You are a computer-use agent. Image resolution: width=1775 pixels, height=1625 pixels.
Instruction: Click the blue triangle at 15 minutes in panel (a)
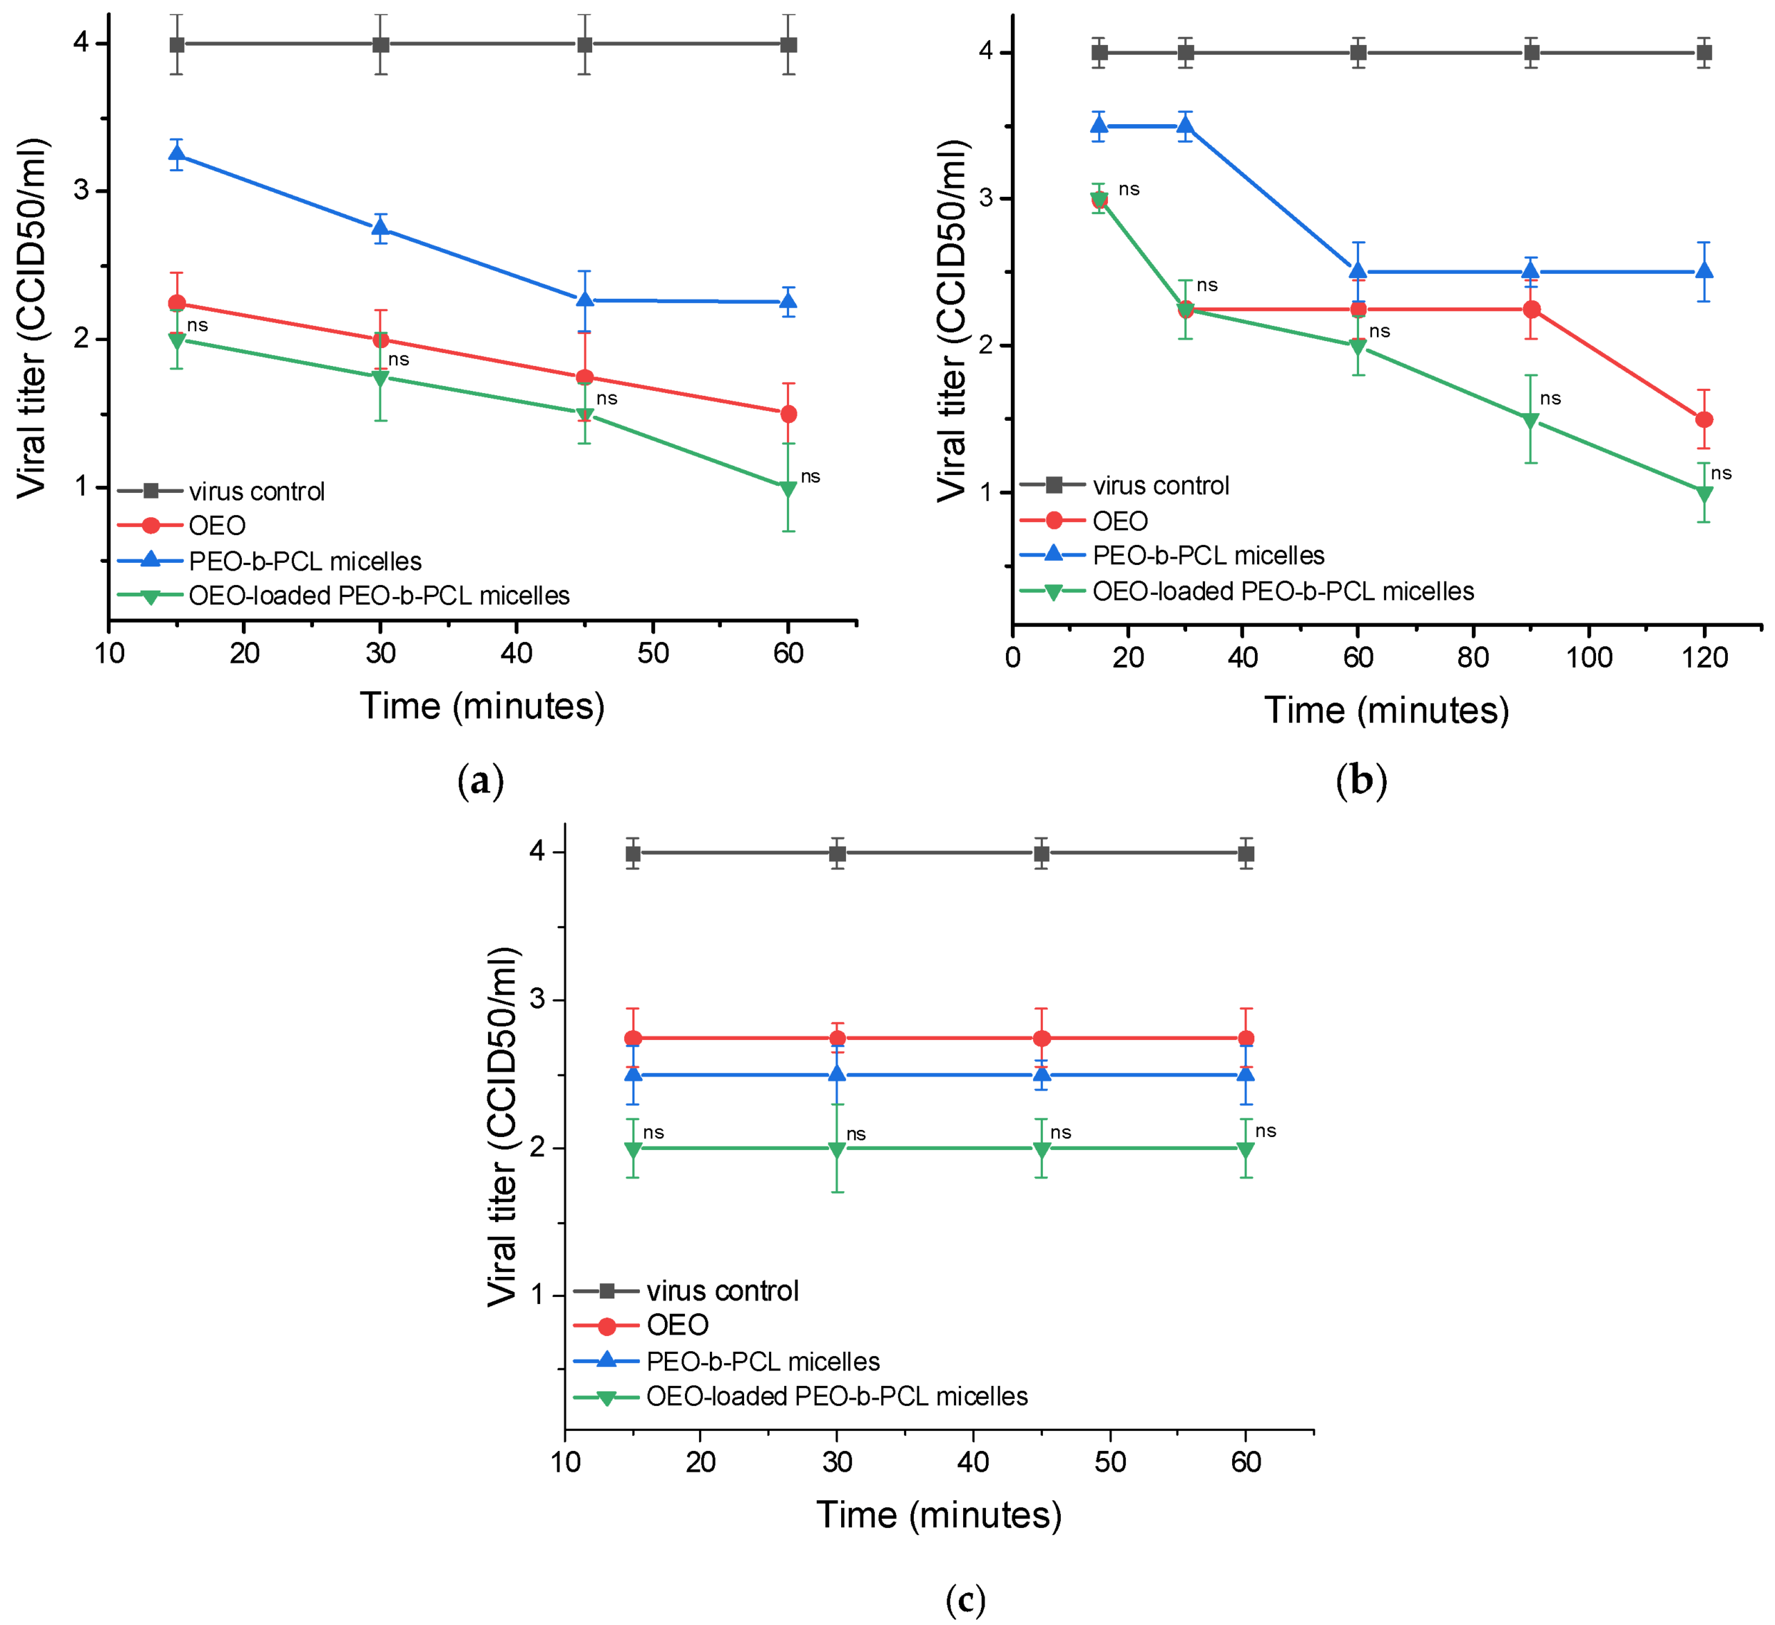coord(177,155)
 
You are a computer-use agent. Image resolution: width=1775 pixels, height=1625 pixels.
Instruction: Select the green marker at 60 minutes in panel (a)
coord(789,489)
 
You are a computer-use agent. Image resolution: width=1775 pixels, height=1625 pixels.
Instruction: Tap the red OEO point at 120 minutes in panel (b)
coord(1704,420)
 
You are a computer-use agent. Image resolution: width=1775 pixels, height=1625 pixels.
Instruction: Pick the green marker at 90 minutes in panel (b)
coord(1531,421)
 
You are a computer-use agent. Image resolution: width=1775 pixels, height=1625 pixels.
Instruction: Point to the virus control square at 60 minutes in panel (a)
coord(789,44)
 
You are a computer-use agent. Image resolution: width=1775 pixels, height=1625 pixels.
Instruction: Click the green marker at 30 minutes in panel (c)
coord(838,1149)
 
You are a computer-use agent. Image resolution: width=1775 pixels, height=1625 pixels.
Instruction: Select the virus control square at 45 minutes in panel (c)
coord(1041,853)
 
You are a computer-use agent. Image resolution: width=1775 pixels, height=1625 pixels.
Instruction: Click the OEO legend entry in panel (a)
coord(216,525)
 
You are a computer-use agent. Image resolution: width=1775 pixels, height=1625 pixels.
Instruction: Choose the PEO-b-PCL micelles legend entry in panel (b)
coord(1208,555)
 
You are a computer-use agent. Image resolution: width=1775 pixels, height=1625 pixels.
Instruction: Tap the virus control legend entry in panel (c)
coord(722,1290)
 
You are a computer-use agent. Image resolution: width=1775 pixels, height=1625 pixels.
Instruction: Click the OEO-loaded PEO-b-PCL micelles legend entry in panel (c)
coord(836,1396)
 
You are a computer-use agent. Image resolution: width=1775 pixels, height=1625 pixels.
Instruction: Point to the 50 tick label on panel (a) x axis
coord(653,653)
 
